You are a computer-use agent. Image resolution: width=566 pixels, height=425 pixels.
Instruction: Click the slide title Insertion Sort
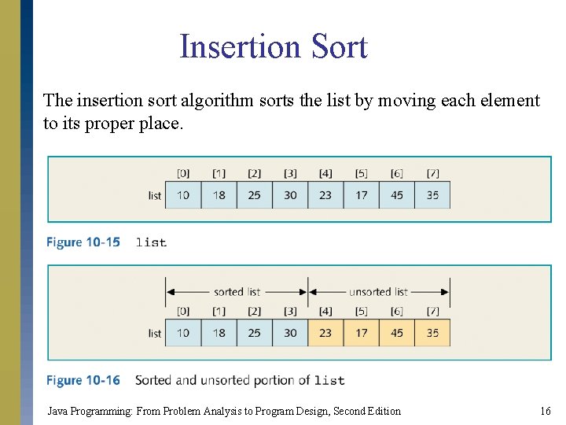273,46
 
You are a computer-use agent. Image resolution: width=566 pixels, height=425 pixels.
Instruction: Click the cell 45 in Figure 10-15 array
397,195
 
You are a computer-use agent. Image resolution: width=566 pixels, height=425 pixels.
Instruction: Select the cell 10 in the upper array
183,195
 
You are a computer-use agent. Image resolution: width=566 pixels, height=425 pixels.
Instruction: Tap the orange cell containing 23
325,333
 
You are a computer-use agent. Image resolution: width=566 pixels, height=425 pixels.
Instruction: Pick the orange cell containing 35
432,333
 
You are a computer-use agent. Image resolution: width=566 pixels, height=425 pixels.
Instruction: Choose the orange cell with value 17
362,333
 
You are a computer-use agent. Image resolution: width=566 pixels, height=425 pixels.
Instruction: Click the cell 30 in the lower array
290,333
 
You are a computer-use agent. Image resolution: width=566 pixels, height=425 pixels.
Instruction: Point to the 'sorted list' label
237,292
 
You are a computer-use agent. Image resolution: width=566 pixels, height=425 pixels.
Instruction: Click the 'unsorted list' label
379,292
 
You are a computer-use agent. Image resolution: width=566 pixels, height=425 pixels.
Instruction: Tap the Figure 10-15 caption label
83,242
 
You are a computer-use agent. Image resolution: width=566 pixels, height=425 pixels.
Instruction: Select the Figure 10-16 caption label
83,380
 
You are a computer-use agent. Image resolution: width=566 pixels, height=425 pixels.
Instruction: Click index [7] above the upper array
432,173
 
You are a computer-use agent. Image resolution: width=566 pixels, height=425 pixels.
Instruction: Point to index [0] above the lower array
183,311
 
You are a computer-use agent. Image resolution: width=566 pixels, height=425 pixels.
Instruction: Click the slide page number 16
546,411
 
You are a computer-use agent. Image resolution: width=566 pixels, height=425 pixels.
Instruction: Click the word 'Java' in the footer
57,411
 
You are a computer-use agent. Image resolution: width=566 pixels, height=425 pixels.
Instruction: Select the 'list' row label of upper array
155,195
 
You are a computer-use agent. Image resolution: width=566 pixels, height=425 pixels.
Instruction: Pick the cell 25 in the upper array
254,195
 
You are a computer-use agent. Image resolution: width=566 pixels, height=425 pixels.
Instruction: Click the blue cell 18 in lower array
219,333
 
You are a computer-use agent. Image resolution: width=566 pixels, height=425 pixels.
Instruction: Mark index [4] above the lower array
325,311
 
